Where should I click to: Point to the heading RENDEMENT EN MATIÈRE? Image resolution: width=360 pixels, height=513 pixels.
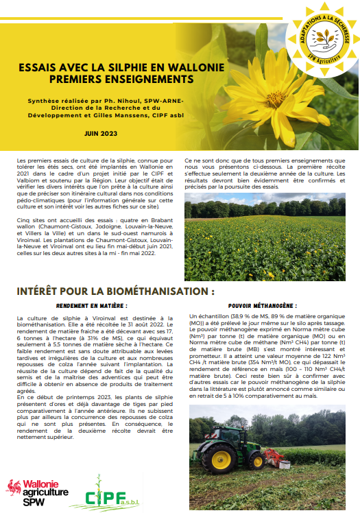coord(92,306)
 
